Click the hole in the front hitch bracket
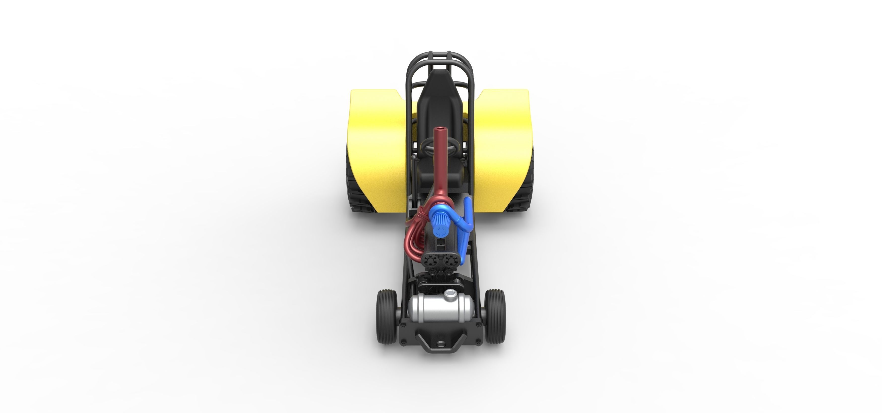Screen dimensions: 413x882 (440, 343)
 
